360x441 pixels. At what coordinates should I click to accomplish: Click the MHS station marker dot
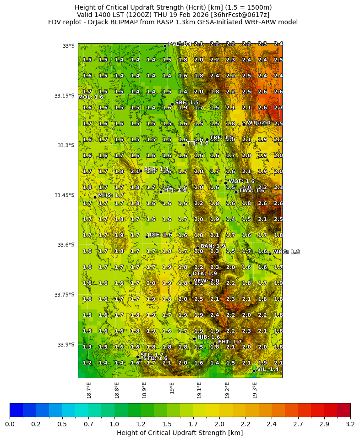point(95,197)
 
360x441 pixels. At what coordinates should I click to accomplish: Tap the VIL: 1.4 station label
point(267,369)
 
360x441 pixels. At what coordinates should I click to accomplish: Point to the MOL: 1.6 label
point(91,97)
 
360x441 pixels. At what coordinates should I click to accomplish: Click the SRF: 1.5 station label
point(187,103)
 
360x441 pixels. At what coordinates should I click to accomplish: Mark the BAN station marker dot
point(197,248)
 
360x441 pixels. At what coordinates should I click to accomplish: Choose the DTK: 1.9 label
point(205,274)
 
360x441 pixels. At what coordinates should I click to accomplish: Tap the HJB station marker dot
point(194,339)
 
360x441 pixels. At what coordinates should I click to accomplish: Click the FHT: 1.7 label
point(230,342)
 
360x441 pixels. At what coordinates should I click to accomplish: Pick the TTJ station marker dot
point(184,145)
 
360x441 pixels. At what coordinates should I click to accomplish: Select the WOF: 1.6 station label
point(241,182)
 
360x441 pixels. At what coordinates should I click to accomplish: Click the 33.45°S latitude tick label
point(64,195)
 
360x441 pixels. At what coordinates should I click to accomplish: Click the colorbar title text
point(180,433)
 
